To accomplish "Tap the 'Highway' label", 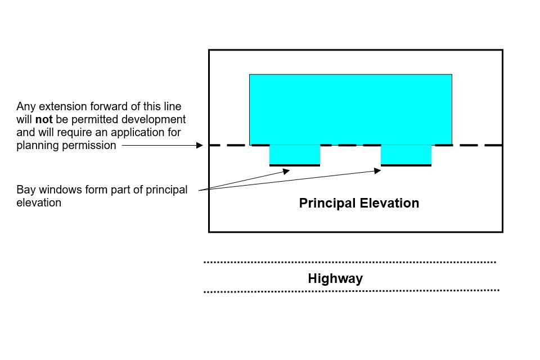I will (x=335, y=278).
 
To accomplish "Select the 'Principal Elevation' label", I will (x=359, y=203).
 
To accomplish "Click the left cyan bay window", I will (x=295, y=155).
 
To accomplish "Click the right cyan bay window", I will (x=406, y=155).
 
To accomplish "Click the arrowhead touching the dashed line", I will (x=199, y=145).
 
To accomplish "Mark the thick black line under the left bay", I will (x=295, y=165).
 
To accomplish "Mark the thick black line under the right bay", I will (x=406, y=165).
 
